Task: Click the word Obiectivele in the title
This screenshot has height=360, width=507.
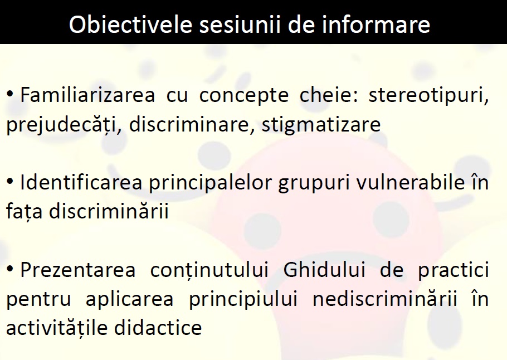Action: click(131, 25)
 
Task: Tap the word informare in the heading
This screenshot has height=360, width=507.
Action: click(376, 25)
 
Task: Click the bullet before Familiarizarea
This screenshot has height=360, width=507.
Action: click(10, 94)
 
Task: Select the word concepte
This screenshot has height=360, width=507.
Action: click(244, 96)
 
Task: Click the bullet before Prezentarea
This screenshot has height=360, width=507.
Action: click(10, 268)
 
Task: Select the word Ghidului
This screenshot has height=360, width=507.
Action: click(324, 270)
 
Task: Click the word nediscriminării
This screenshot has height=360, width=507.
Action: click(385, 299)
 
